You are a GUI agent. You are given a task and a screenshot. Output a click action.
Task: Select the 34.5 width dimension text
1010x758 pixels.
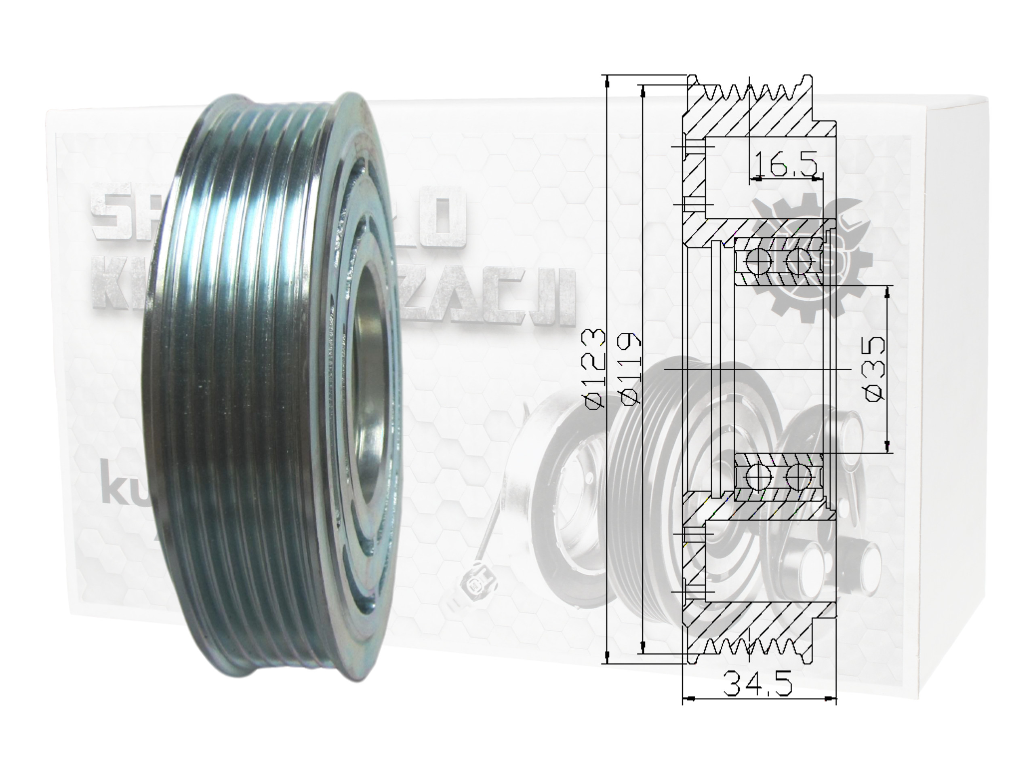pyautogui.click(x=758, y=684)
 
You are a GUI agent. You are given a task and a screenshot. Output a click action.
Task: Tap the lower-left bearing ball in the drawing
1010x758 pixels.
pyautogui.click(x=758, y=476)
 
